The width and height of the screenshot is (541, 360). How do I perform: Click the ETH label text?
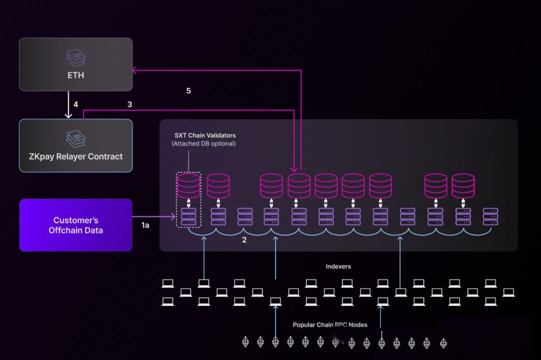click(x=76, y=75)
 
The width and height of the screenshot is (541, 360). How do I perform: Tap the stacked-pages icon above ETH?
click(x=76, y=58)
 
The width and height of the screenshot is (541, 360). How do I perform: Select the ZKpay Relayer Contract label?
click(x=76, y=157)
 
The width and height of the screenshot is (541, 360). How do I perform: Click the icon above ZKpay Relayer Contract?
click(x=76, y=139)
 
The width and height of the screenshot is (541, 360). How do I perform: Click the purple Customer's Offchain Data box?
click(x=76, y=225)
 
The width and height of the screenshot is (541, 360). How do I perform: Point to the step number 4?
click(x=76, y=104)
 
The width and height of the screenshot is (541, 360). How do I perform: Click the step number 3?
click(x=130, y=104)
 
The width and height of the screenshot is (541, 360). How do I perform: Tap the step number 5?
click(x=188, y=91)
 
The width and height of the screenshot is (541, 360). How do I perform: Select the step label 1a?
click(x=145, y=225)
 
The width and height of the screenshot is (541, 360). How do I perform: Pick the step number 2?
click(x=244, y=240)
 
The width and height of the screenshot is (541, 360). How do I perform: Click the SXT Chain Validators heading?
click(x=205, y=136)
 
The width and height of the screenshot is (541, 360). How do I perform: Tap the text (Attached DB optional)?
click(x=204, y=143)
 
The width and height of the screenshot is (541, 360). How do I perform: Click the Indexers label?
click(x=338, y=266)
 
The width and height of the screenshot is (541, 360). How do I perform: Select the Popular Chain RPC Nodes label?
click(x=330, y=325)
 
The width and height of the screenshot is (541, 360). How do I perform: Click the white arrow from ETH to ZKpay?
click(x=68, y=105)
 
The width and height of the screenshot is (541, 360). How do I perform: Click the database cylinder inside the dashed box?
click(x=188, y=186)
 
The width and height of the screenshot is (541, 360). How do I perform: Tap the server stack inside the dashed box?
click(x=188, y=217)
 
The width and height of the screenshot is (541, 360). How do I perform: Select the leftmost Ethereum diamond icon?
click(x=245, y=341)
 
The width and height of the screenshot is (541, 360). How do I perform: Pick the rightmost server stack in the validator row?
click(x=490, y=217)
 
